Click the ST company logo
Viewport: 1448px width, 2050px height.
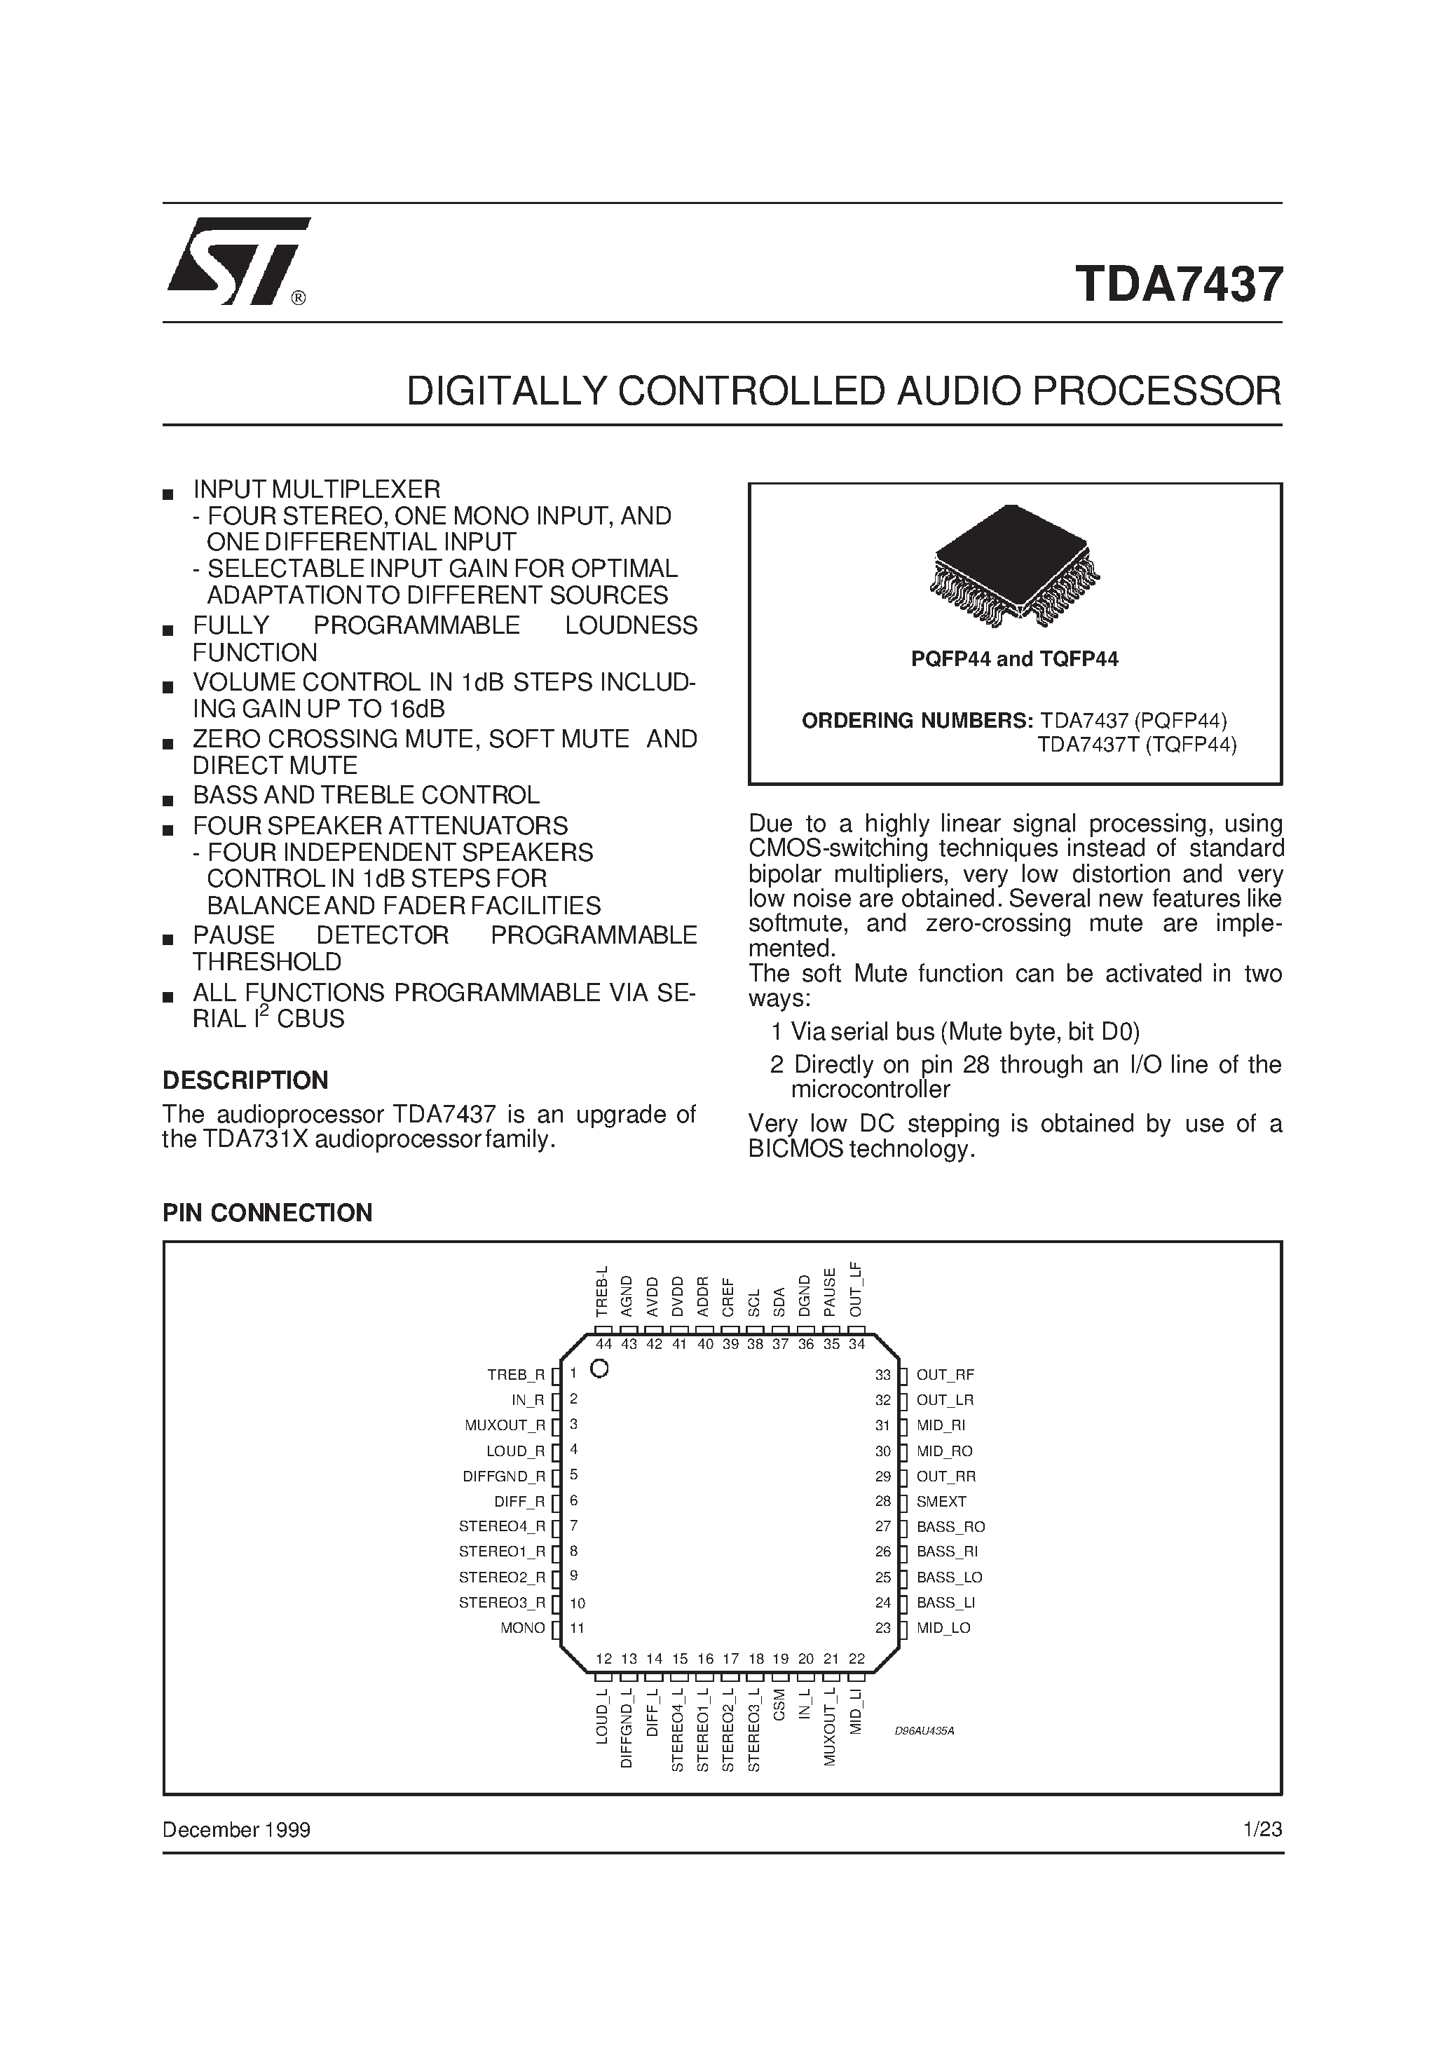237,261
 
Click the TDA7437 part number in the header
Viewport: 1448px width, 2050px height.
1178,284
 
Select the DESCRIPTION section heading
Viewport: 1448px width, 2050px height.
245,1080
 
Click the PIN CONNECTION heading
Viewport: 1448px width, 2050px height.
267,1212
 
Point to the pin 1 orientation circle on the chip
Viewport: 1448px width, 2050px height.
600,1369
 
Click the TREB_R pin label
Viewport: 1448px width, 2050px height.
515,1375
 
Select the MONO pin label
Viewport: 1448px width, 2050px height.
522,1628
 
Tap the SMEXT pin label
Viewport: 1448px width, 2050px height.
941,1502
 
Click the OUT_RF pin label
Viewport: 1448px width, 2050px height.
945,1375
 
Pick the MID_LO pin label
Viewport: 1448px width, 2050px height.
943,1628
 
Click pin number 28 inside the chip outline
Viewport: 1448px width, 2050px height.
883,1502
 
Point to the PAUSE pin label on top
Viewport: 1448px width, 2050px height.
831,1292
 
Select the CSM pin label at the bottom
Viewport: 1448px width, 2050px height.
780,1704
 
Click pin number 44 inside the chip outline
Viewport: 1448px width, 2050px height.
603,1345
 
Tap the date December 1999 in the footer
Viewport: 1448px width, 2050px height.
235,1829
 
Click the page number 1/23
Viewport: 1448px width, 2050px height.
1262,1829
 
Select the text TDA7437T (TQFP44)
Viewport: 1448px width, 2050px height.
1136,745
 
